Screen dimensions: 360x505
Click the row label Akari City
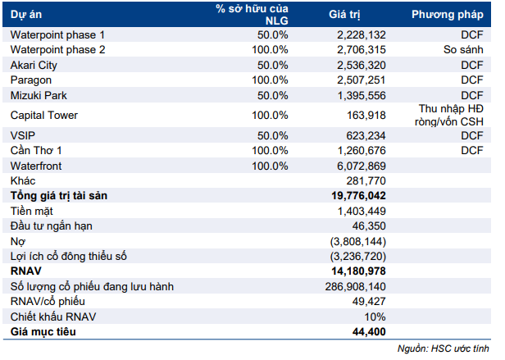35,65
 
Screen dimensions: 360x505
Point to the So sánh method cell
464,50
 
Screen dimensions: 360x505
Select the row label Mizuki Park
39,95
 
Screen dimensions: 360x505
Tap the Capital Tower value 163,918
366,115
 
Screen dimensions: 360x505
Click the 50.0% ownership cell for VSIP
273,135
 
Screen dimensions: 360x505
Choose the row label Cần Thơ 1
36,150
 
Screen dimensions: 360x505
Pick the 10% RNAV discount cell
375,317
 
